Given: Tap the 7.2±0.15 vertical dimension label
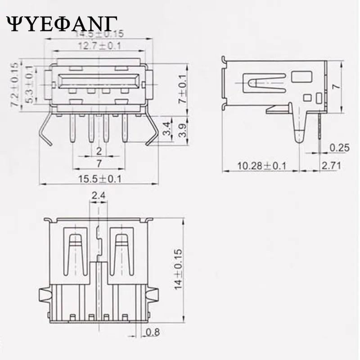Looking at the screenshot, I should click(14, 85).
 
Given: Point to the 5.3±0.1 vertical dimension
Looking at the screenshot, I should click(30, 85).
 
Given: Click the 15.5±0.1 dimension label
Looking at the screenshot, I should click(100, 179).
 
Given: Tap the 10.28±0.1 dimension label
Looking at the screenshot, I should click(262, 166).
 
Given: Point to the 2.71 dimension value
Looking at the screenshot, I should click(331, 166).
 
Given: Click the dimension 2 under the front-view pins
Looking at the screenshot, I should click(99, 150).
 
